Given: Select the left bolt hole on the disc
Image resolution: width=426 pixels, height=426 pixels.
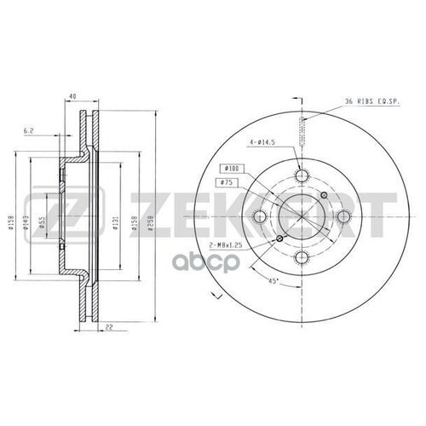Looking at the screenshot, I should (x=261, y=217).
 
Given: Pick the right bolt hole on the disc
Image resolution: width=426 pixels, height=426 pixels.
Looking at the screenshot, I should (x=343, y=217).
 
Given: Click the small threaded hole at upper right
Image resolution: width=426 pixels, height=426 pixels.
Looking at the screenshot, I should (x=323, y=196).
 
